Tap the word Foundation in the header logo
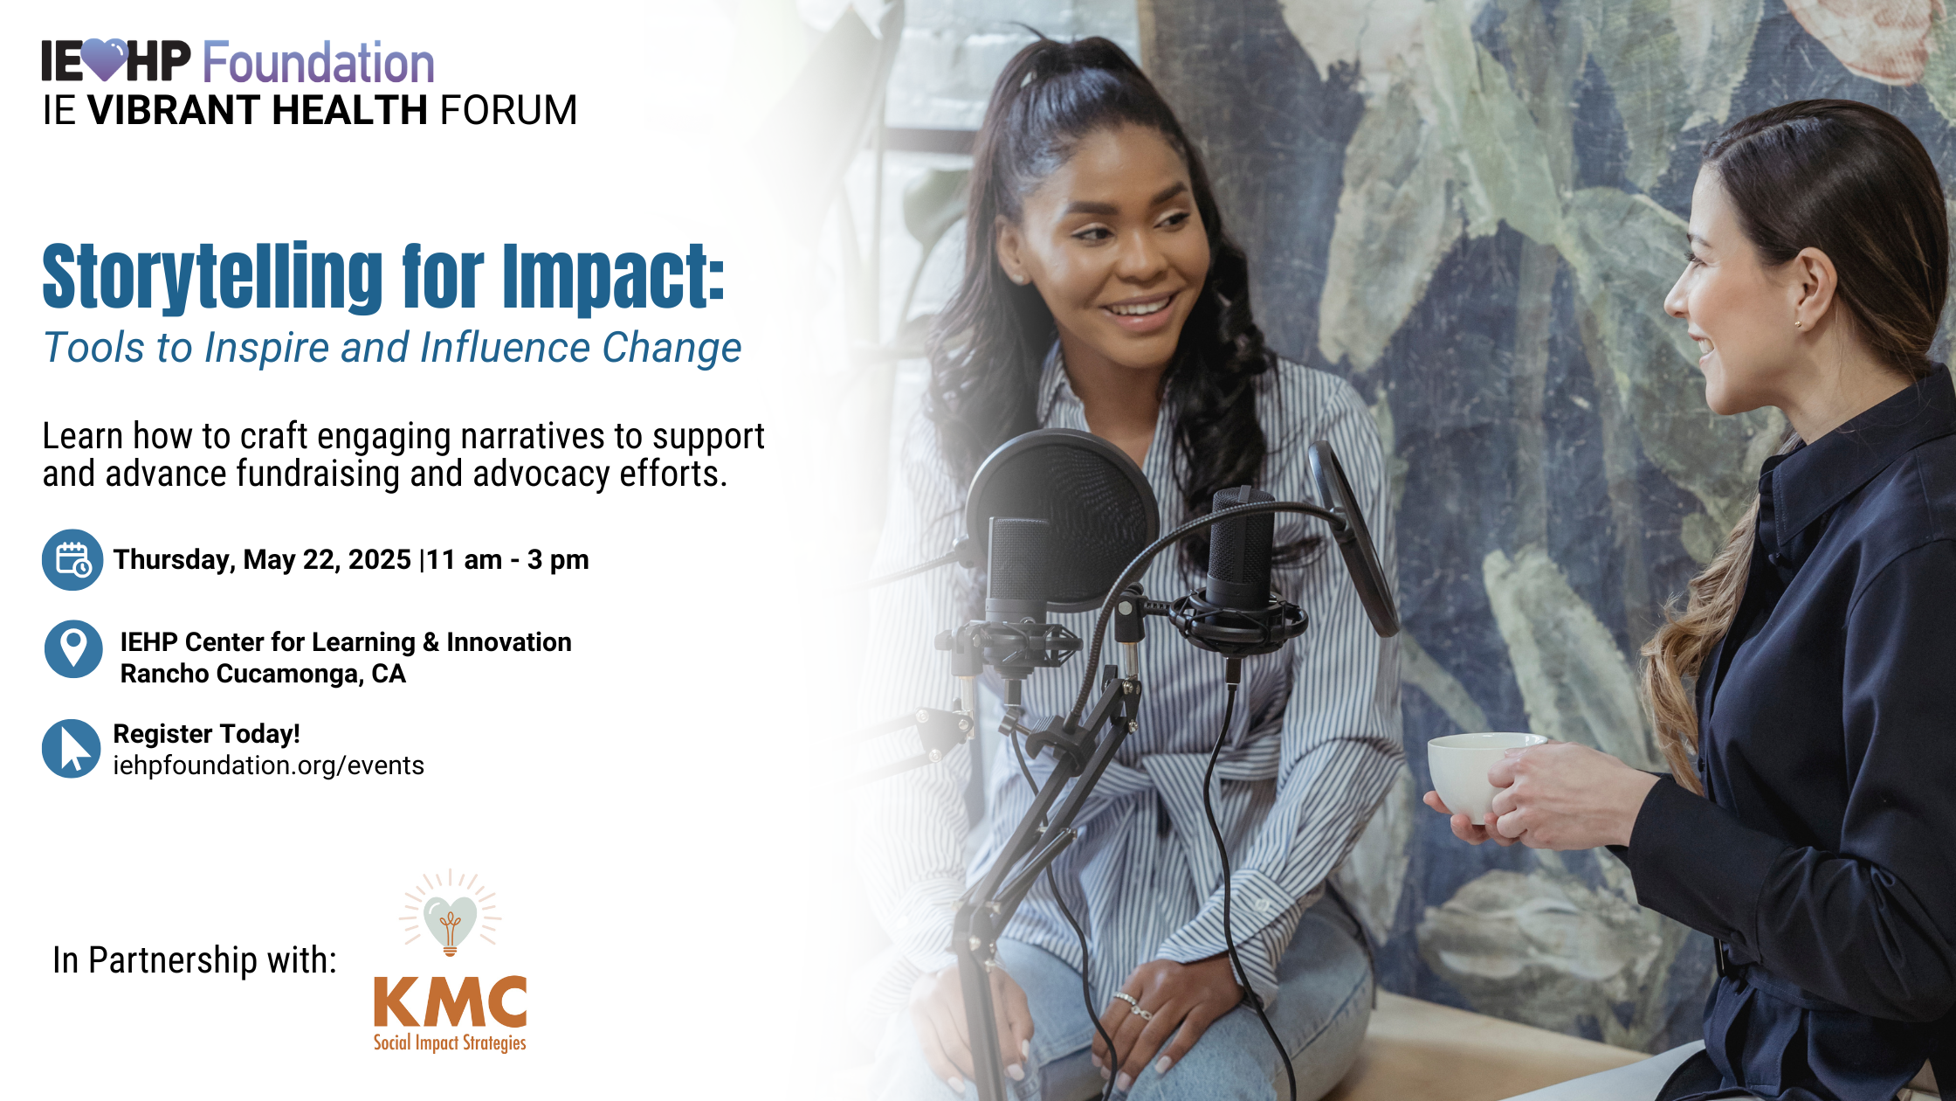pyautogui.click(x=319, y=62)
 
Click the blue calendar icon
pyautogui.click(x=72, y=560)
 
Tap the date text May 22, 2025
pyautogui.click(x=327, y=559)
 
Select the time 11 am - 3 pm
pyautogui.click(x=507, y=560)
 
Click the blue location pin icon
pyautogui.click(x=73, y=649)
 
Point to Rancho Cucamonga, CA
pyautogui.click(x=263, y=674)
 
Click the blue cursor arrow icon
pyautogui.click(x=72, y=749)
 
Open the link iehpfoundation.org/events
pyautogui.click(x=268, y=765)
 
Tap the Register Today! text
pyautogui.click(x=206, y=734)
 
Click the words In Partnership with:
pyautogui.click(x=195, y=960)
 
